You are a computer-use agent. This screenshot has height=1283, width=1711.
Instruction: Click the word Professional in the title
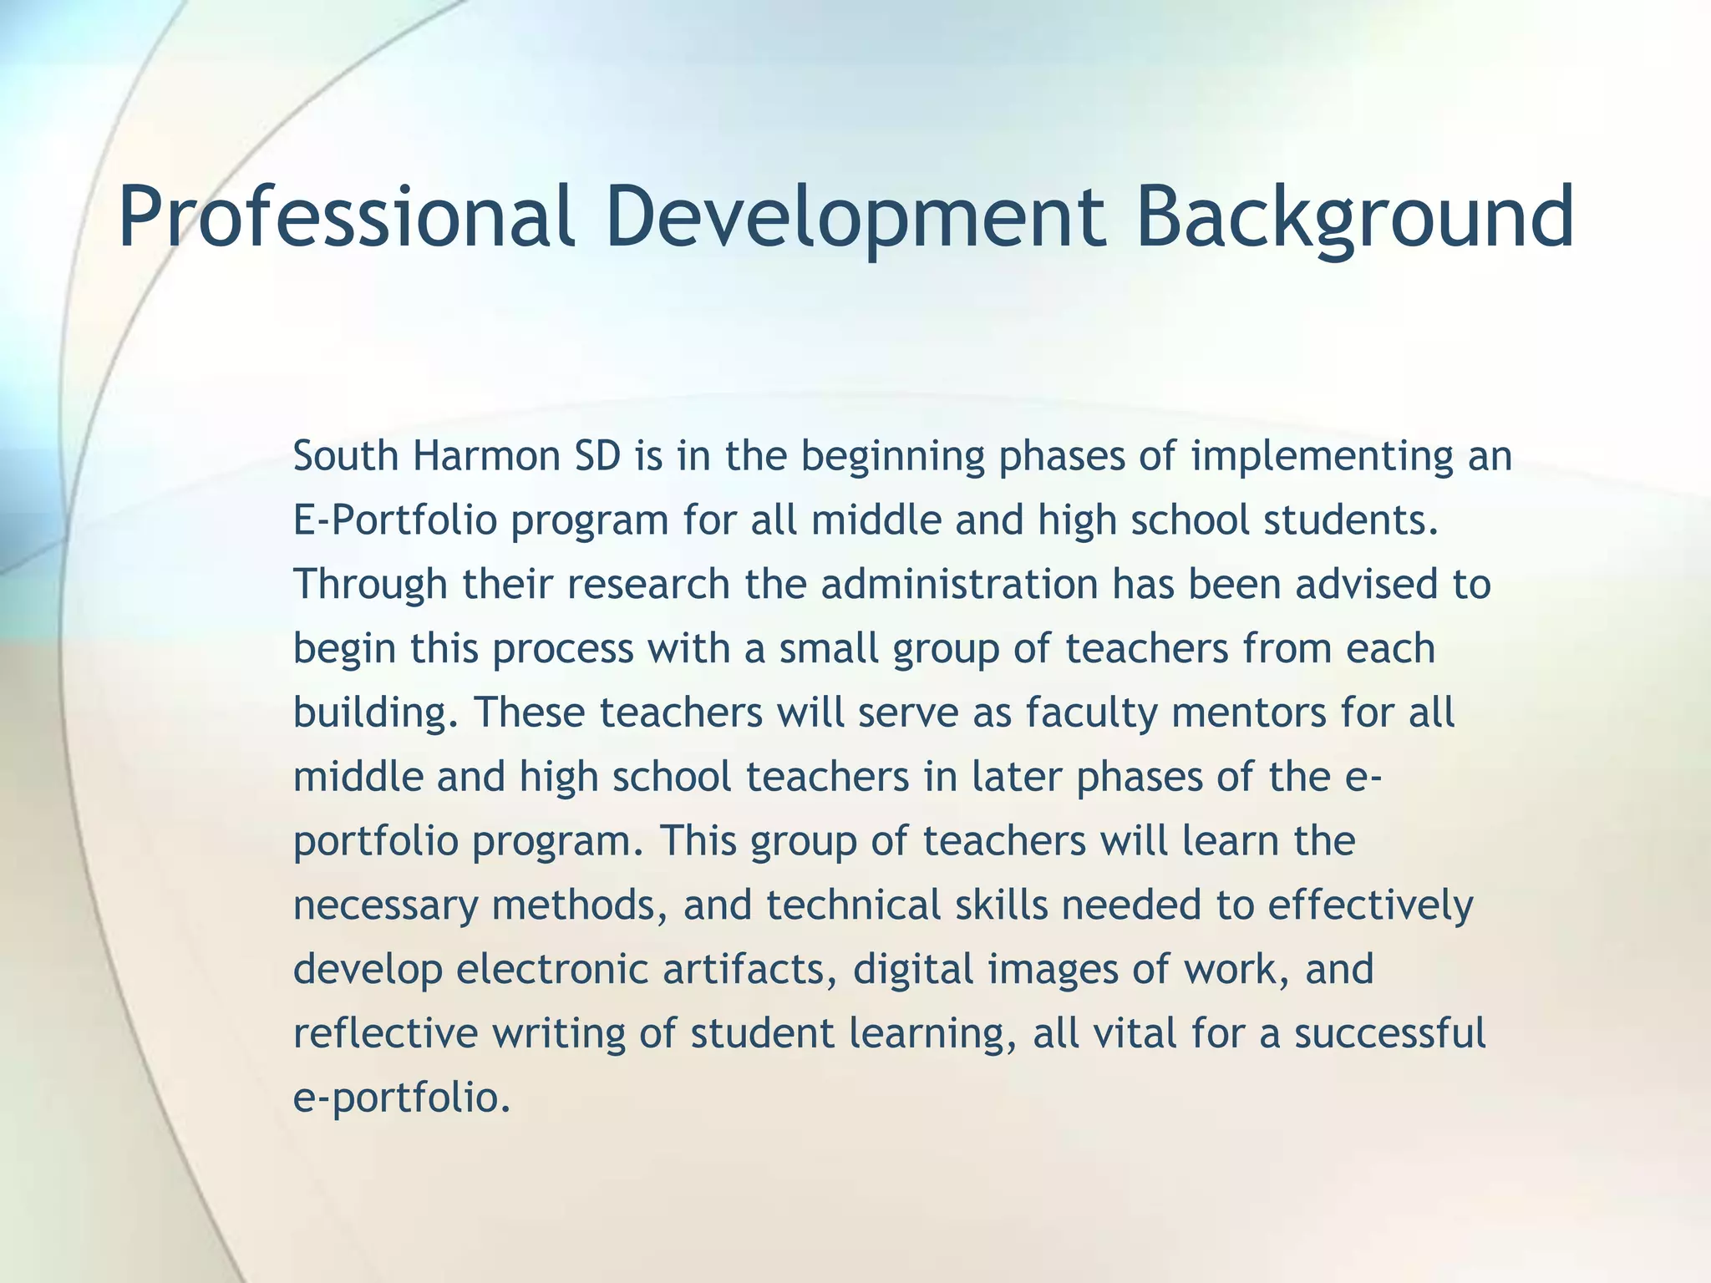(x=346, y=217)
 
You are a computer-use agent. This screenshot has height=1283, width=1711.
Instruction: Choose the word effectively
(x=1370, y=905)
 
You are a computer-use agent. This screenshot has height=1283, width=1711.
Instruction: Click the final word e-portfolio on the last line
(x=401, y=1098)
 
